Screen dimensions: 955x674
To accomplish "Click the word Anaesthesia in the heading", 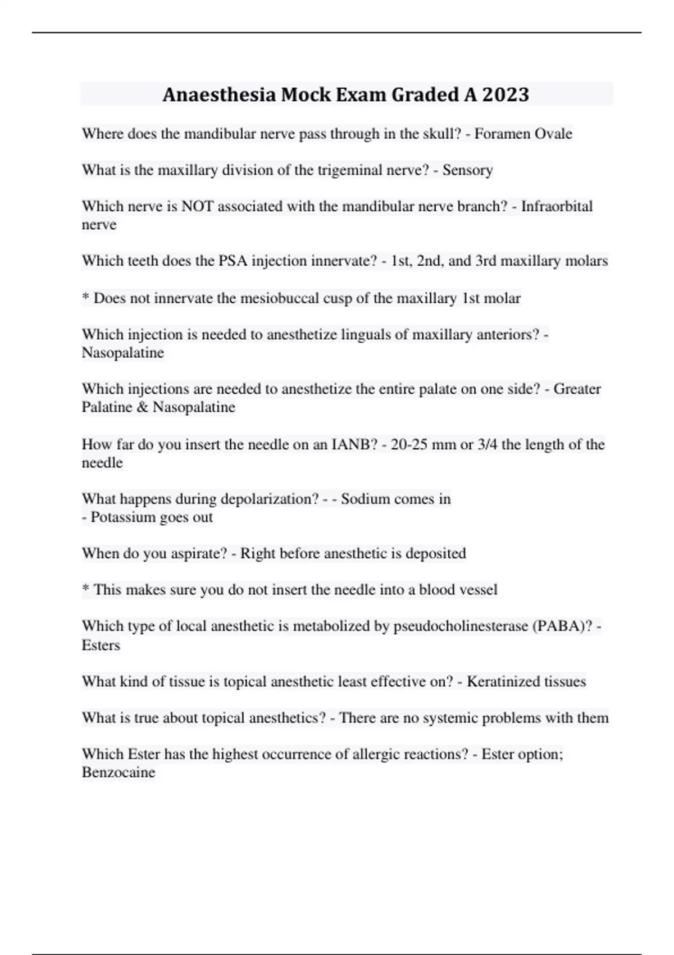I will [x=219, y=94].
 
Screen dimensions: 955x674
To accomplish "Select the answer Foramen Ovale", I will [x=523, y=134].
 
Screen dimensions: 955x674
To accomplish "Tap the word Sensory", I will [x=467, y=170].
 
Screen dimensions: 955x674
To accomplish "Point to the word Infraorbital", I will [x=557, y=206].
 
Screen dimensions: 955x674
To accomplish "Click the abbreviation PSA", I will [x=233, y=261].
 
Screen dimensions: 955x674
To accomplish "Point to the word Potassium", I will [x=121, y=517].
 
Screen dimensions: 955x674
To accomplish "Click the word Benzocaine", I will [x=119, y=772].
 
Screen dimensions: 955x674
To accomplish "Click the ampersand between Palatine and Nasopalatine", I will [x=142, y=407].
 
